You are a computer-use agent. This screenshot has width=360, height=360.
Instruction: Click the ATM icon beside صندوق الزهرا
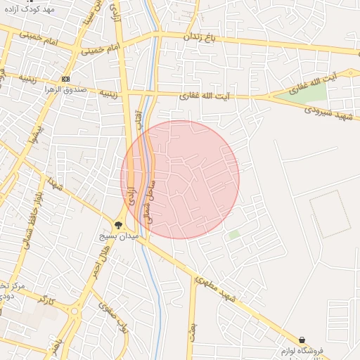pos(66,79)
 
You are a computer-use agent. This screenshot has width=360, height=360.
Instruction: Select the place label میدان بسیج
pos(127,238)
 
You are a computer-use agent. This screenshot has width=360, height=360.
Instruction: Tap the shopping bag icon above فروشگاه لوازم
pos(302,340)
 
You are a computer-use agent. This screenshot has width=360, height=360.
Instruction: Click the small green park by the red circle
pos(234,234)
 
